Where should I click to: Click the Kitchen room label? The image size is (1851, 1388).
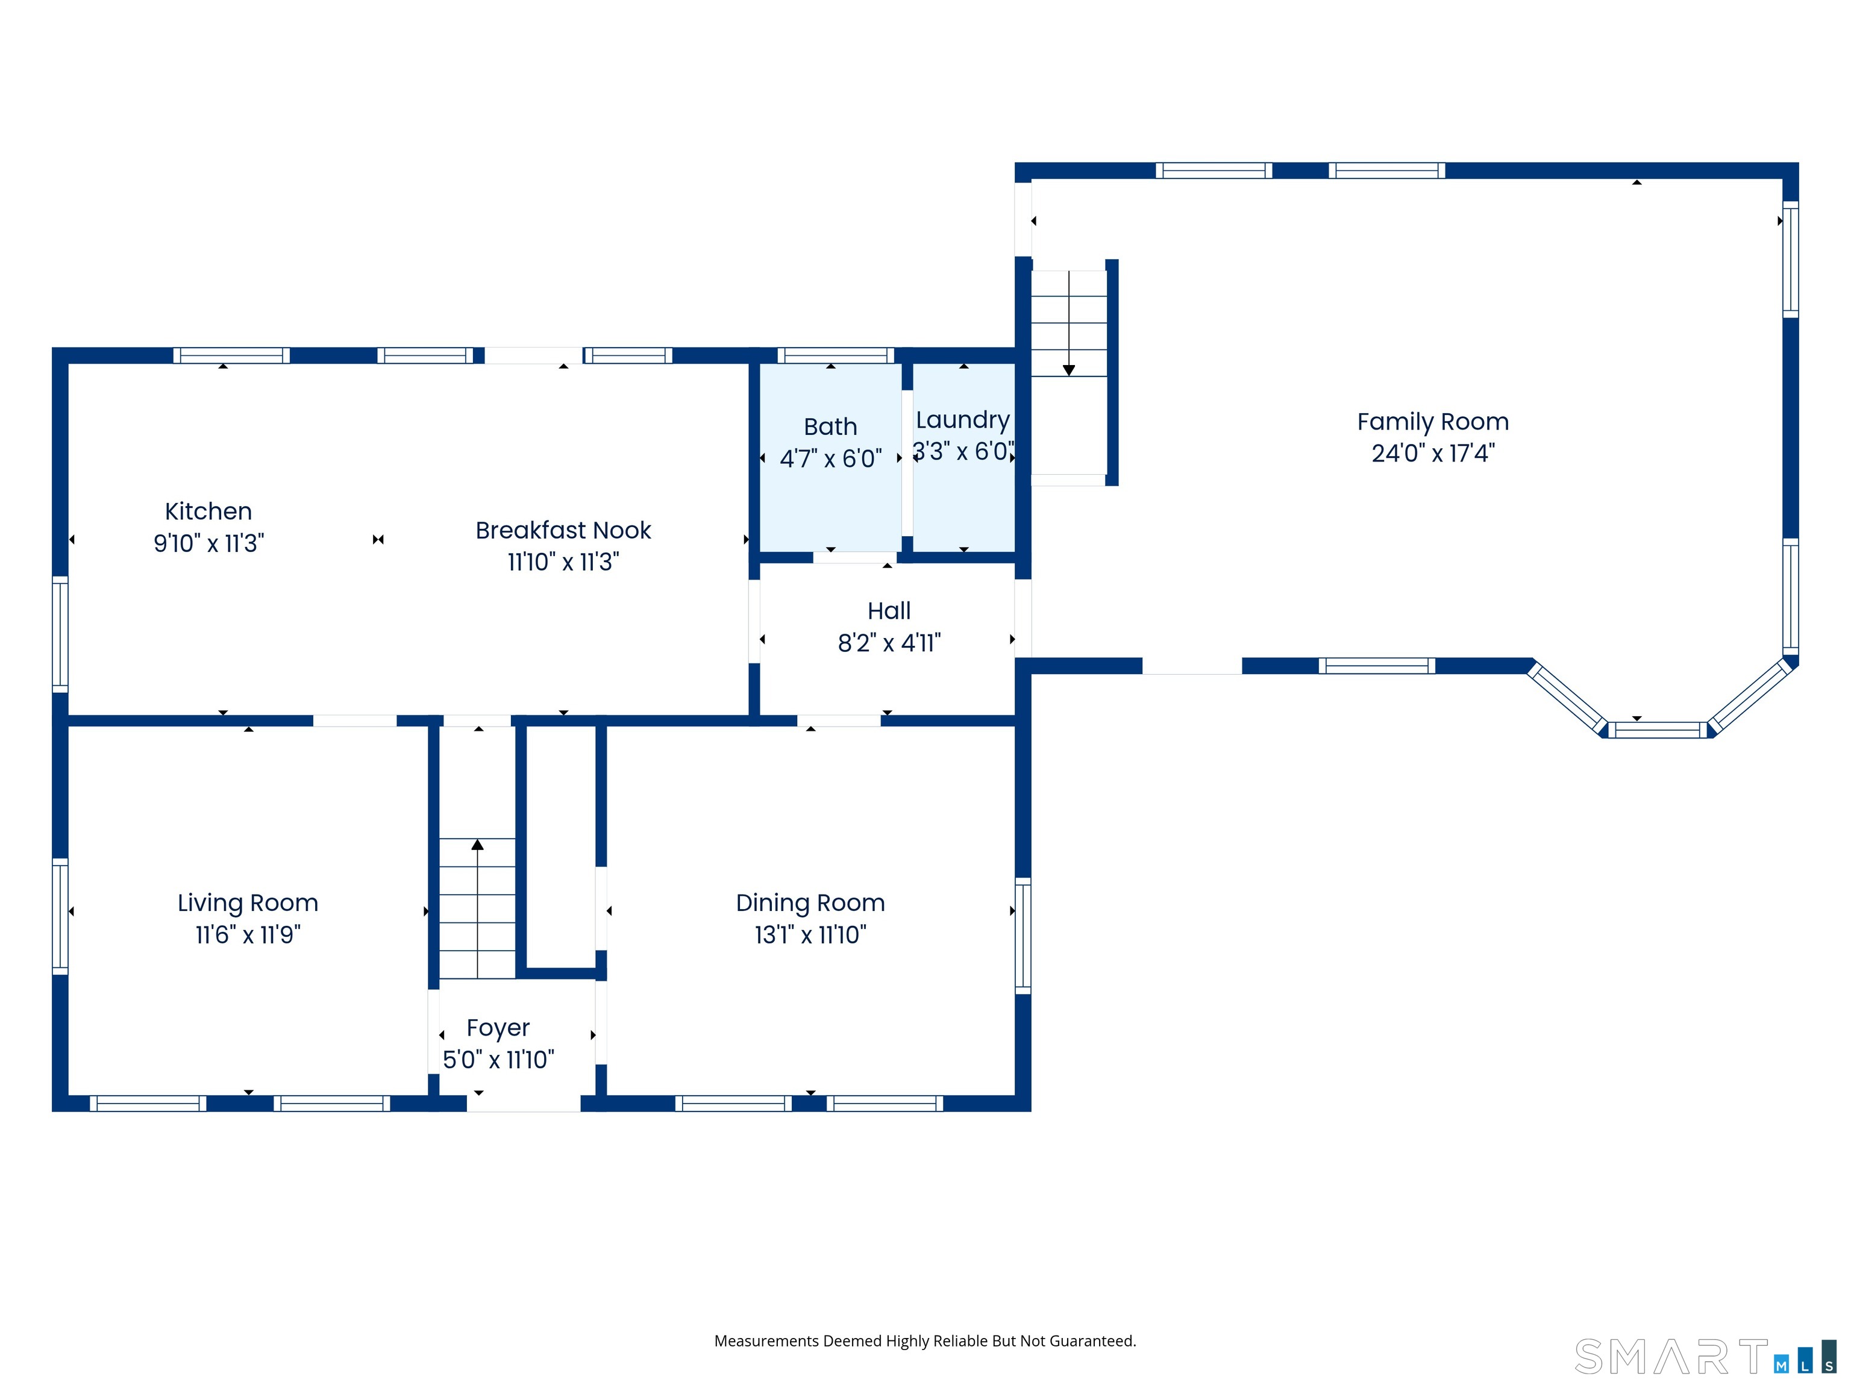tap(208, 511)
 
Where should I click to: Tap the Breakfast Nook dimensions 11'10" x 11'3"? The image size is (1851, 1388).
tap(563, 561)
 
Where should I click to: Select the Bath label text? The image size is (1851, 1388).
tap(830, 427)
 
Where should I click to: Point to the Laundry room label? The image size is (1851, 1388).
tap(962, 420)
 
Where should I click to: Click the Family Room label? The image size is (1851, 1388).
tap(1433, 422)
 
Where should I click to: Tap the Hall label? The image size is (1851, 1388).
tap(889, 611)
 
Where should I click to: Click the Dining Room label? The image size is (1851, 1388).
tap(810, 904)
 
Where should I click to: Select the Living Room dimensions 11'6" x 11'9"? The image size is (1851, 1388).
tap(248, 934)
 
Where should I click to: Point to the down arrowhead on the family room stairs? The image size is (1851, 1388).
tap(1068, 370)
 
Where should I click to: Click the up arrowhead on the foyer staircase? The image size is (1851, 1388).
tap(477, 845)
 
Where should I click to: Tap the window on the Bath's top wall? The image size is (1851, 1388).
tap(836, 355)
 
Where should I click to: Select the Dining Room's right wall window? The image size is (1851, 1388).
tap(1023, 936)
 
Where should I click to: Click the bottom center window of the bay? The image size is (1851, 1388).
tap(1658, 730)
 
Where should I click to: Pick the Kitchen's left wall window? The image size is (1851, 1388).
tap(60, 633)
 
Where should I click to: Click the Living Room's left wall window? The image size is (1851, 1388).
tap(60, 916)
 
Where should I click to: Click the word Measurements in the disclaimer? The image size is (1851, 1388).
tap(766, 1341)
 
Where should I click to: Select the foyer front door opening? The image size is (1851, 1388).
tap(524, 1104)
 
